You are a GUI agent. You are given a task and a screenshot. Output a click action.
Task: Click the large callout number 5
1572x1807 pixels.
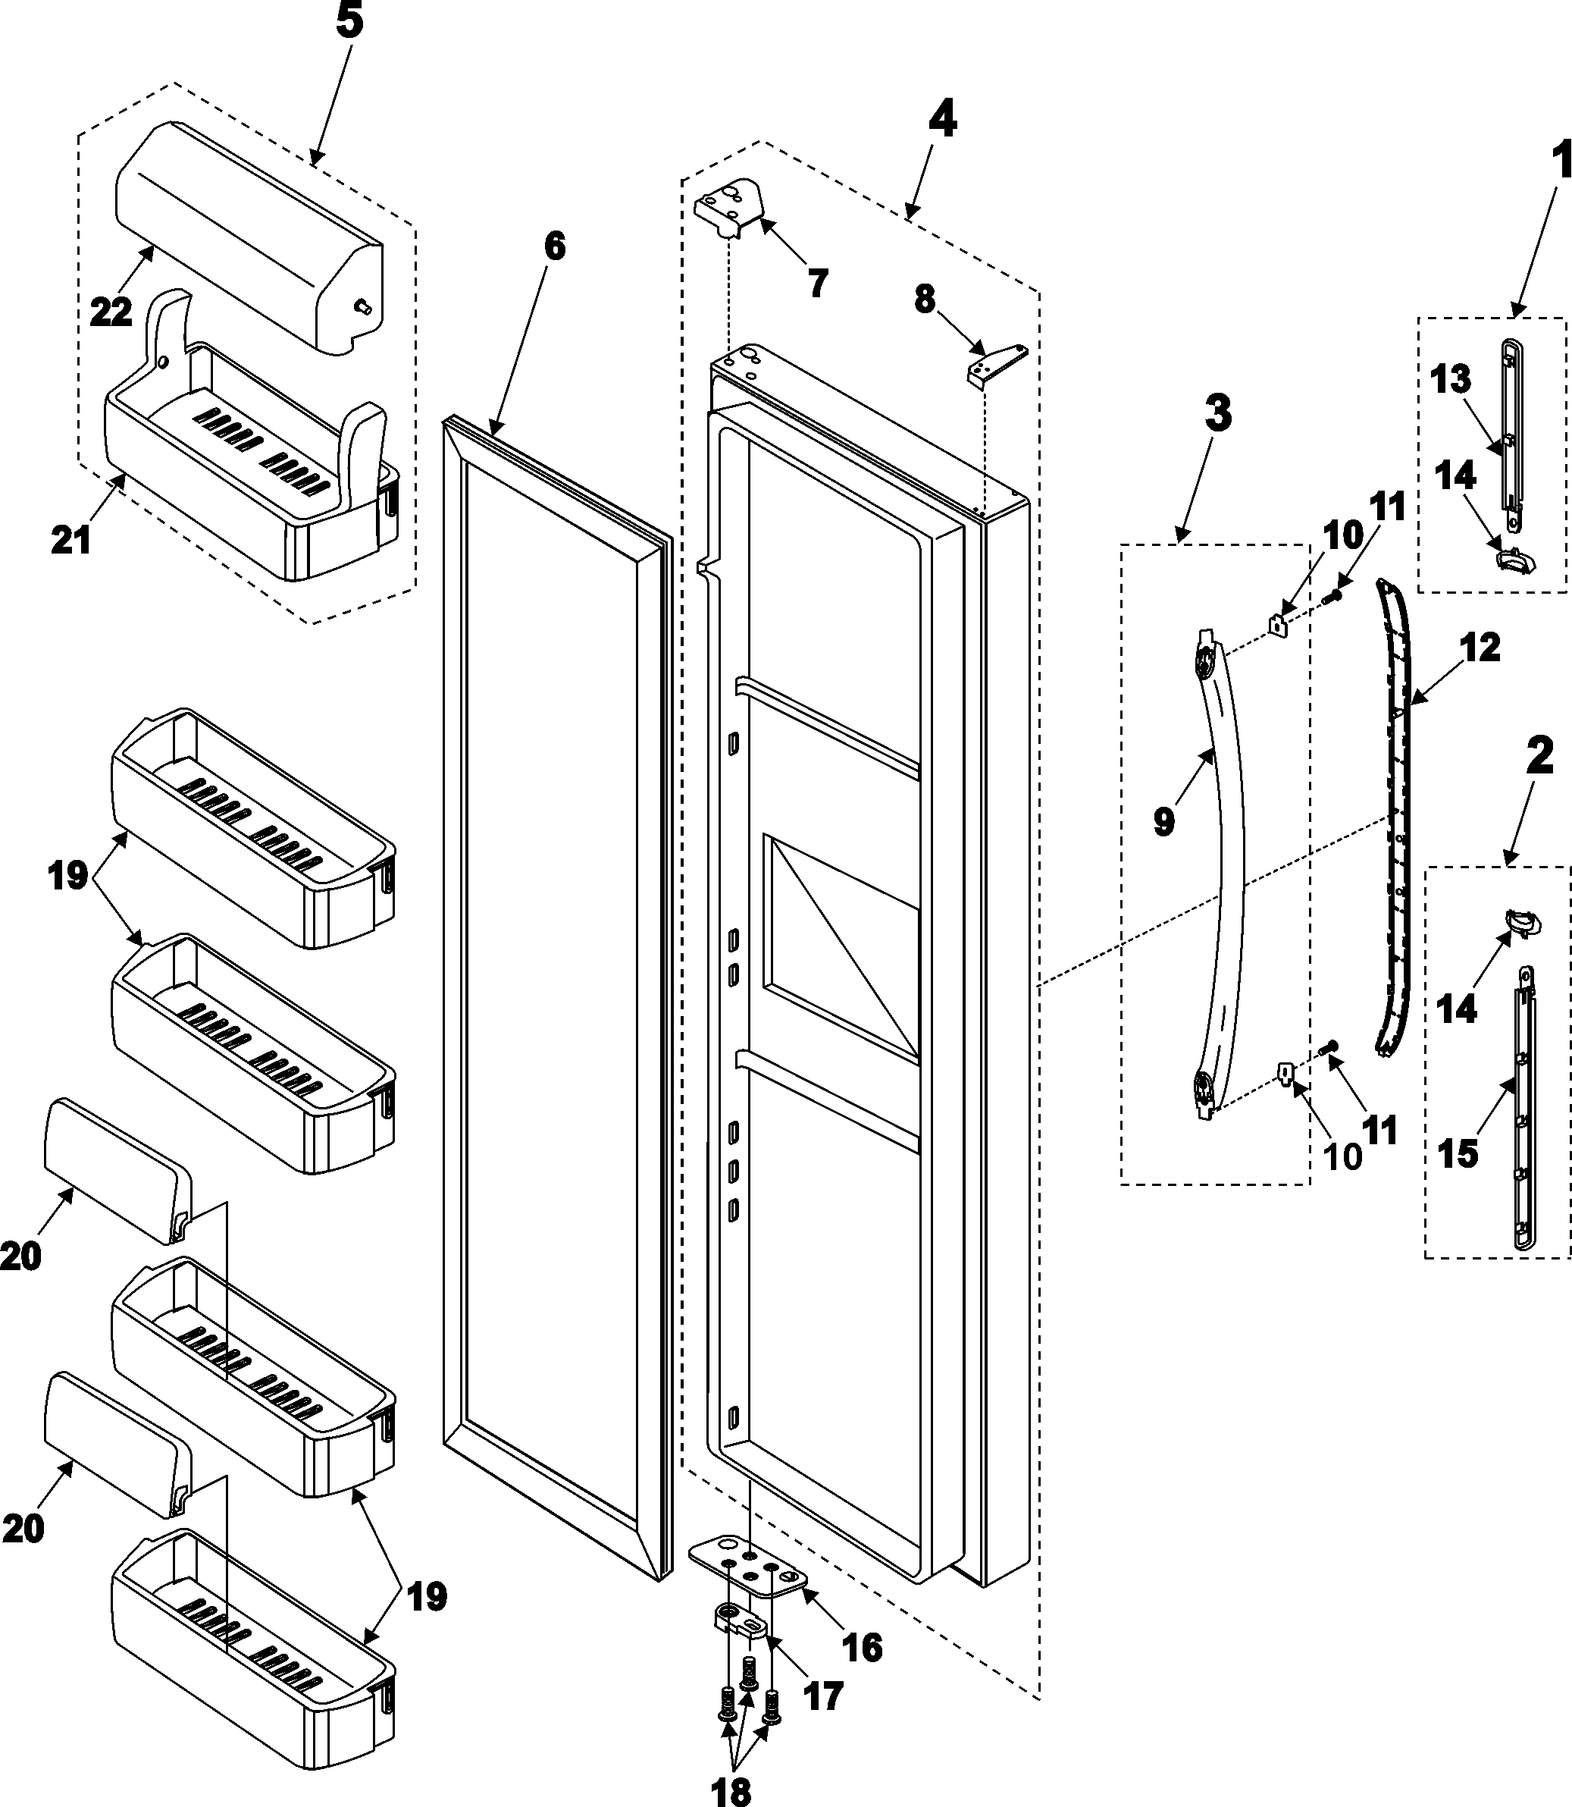[349, 22]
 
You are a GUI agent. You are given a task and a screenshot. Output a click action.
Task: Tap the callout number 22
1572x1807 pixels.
[111, 311]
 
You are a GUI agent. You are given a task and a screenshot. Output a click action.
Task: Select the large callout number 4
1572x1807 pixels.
[942, 119]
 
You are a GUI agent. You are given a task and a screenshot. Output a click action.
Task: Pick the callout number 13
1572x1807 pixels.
[1450, 380]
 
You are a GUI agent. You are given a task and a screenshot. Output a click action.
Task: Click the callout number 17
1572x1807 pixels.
[823, 1696]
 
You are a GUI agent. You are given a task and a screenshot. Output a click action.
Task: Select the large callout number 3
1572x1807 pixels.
[1217, 413]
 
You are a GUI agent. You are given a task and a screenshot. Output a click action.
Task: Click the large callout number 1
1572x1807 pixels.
[1559, 162]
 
